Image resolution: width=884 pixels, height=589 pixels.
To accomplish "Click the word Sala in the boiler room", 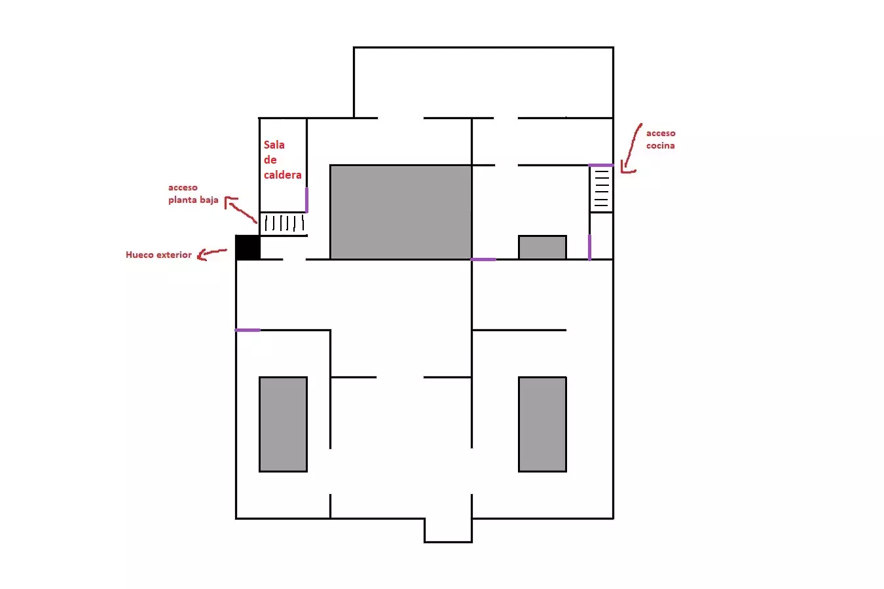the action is click(x=274, y=145).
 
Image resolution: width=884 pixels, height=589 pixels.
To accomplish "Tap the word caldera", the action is click(x=283, y=175).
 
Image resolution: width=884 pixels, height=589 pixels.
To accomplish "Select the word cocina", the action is click(x=660, y=145).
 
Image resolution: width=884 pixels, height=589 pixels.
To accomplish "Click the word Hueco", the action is click(x=139, y=255).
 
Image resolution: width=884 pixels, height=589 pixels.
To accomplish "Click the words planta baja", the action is click(x=193, y=200).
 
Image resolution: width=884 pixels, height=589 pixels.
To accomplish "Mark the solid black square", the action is click(x=248, y=247).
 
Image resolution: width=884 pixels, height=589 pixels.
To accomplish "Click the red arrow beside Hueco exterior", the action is click(x=212, y=254).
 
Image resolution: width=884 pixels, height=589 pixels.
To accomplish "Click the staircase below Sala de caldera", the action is click(x=284, y=224).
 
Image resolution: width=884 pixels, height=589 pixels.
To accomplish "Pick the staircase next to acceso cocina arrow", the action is click(x=601, y=189).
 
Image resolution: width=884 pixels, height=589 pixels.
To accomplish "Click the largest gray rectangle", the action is click(x=401, y=212).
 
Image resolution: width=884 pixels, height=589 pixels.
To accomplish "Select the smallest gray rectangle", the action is click(x=542, y=247).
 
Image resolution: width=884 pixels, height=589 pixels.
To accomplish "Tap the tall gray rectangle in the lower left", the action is click(x=283, y=424).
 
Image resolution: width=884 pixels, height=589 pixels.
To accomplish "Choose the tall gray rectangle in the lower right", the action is click(x=542, y=424).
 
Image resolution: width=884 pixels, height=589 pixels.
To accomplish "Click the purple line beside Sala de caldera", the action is click(x=306, y=200).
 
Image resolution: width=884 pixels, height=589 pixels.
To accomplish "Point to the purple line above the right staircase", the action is click(x=601, y=166).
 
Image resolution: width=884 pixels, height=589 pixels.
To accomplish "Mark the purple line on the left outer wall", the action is click(x=248, y=330).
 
